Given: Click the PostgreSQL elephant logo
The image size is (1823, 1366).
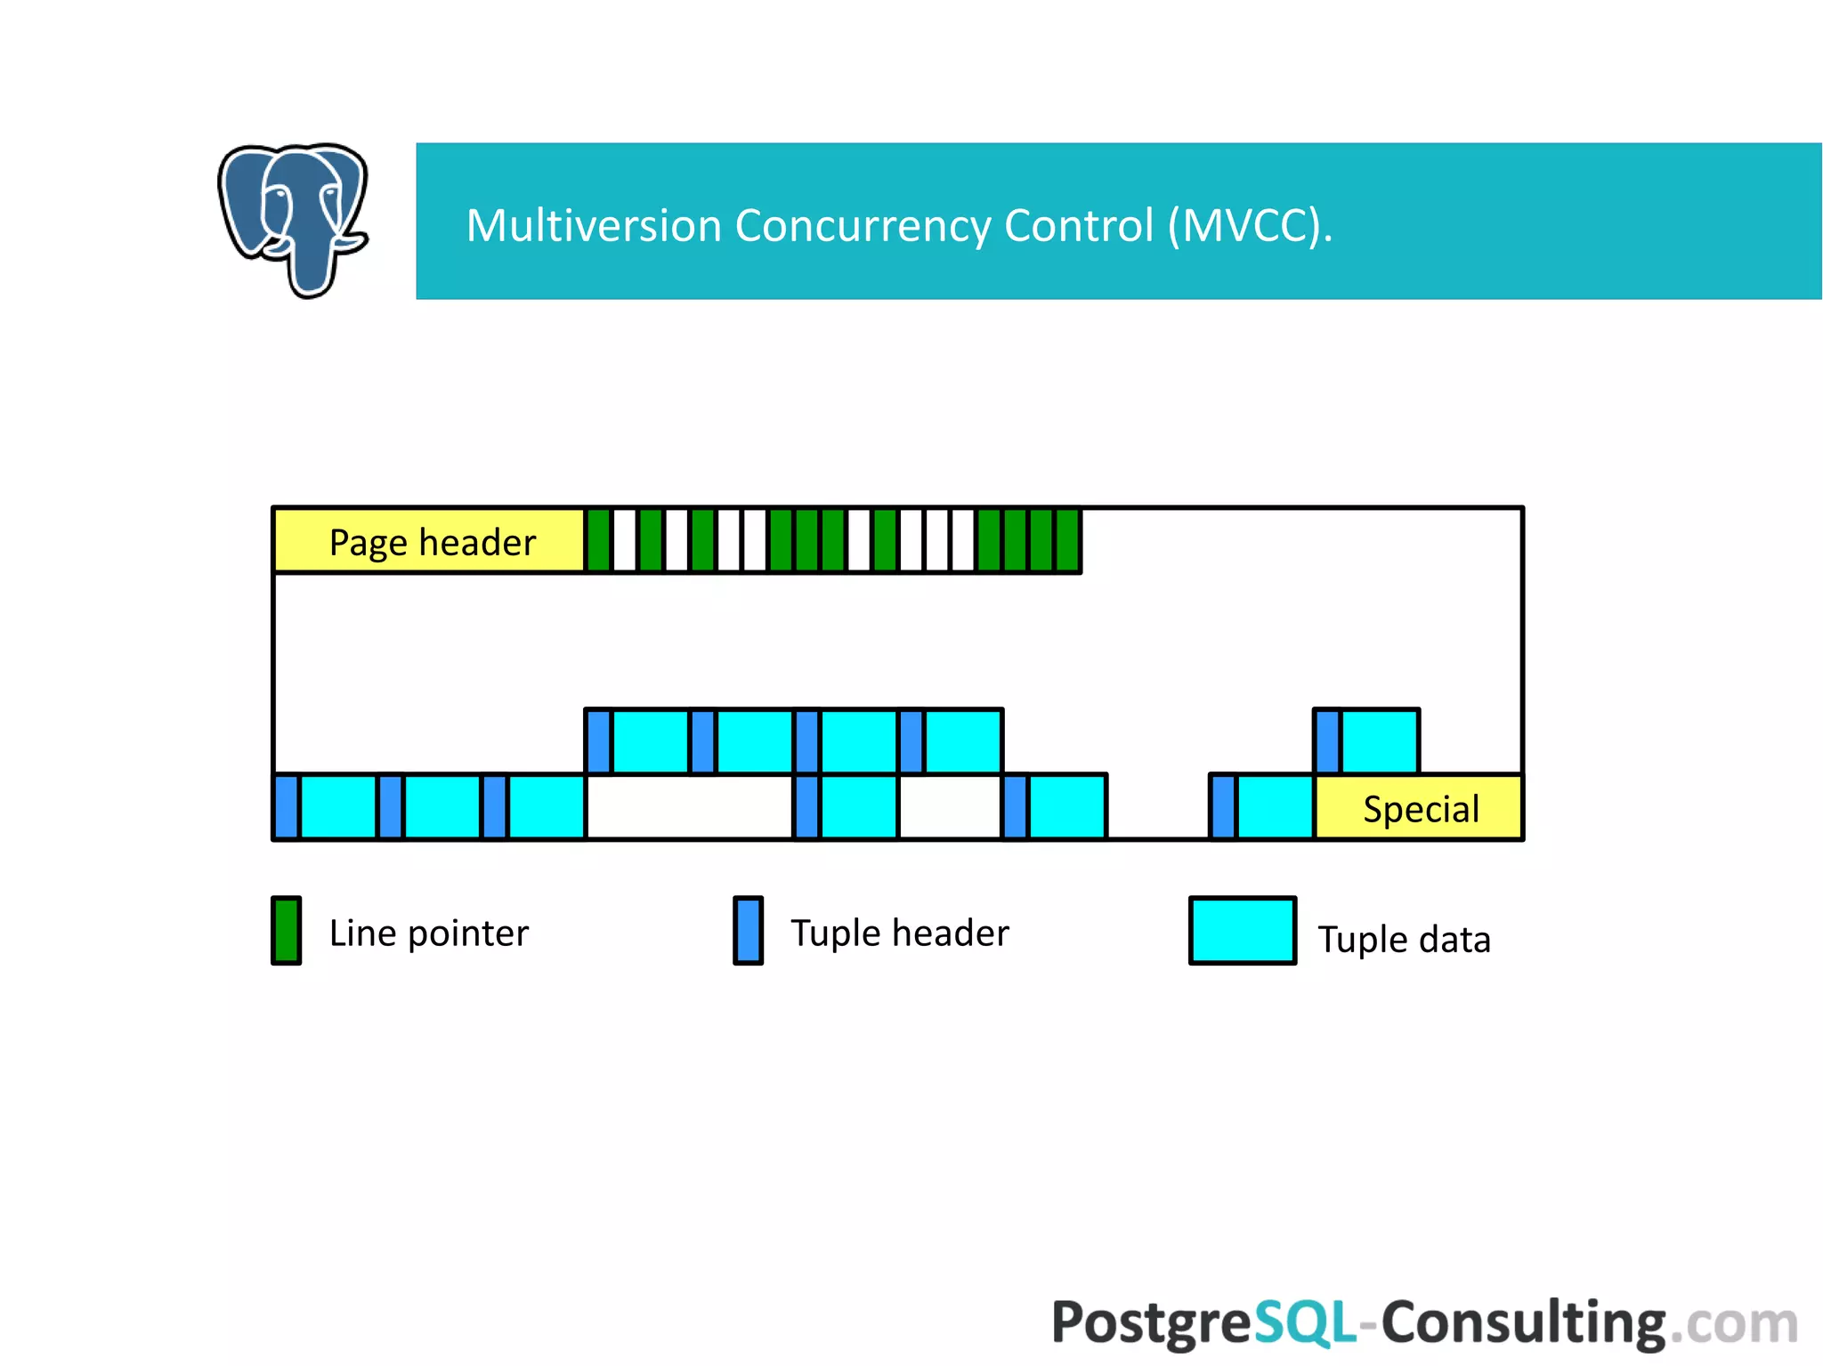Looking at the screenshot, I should point(293,219).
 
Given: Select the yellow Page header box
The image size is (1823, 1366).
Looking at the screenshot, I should point(430,541).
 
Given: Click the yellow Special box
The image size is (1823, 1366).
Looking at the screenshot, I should point(1419,808).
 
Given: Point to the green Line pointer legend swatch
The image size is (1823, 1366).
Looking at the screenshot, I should point(286,931).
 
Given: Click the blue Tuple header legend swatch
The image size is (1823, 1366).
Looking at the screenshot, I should point(748,931).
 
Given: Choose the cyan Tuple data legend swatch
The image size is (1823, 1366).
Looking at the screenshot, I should point(1242,931).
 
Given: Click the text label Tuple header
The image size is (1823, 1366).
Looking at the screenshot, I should point(899,933).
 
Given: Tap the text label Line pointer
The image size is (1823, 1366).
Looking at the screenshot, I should point(428,933).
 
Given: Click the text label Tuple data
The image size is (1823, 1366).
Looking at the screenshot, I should point(1403,939).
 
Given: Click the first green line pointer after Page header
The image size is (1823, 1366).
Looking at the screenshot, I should point(599,541).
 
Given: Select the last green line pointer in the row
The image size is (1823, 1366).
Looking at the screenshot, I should point(1067,541).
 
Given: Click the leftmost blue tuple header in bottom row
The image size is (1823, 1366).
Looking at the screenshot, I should point(287,807).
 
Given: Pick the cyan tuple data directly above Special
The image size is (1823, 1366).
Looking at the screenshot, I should point(1380,741).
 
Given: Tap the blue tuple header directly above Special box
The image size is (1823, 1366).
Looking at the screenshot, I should point(1327,741).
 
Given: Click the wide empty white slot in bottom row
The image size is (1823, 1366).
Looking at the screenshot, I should point(690,807).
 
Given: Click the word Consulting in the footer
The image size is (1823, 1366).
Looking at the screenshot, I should point(1522,1322).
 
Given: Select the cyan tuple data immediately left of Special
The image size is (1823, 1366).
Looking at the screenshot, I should point(1275,807).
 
